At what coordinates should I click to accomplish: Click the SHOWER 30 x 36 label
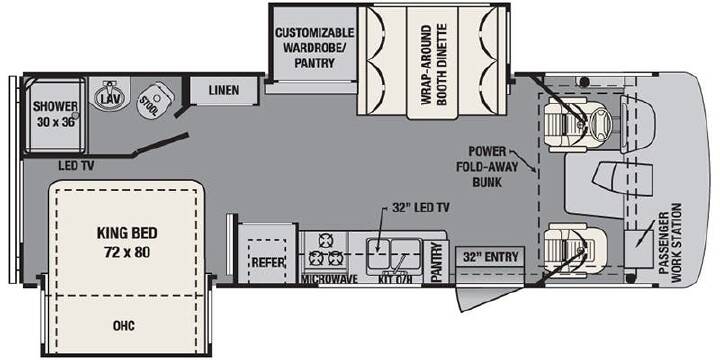55,114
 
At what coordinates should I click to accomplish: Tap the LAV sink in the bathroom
109,94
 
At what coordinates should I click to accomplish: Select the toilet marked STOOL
155,99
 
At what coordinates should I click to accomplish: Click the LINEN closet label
224,90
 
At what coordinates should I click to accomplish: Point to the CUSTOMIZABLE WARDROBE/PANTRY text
315,47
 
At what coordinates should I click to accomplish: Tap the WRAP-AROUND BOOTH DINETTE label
434,66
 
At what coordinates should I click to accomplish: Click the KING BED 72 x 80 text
127,242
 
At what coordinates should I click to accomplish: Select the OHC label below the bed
124,326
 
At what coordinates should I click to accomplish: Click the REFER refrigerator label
268,263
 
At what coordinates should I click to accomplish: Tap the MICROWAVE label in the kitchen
329,279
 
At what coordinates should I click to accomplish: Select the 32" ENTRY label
490,256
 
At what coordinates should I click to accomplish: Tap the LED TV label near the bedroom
76,166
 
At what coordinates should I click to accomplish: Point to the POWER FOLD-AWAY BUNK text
487,167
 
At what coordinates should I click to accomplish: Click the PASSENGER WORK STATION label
670,243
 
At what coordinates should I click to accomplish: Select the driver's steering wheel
600,123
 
